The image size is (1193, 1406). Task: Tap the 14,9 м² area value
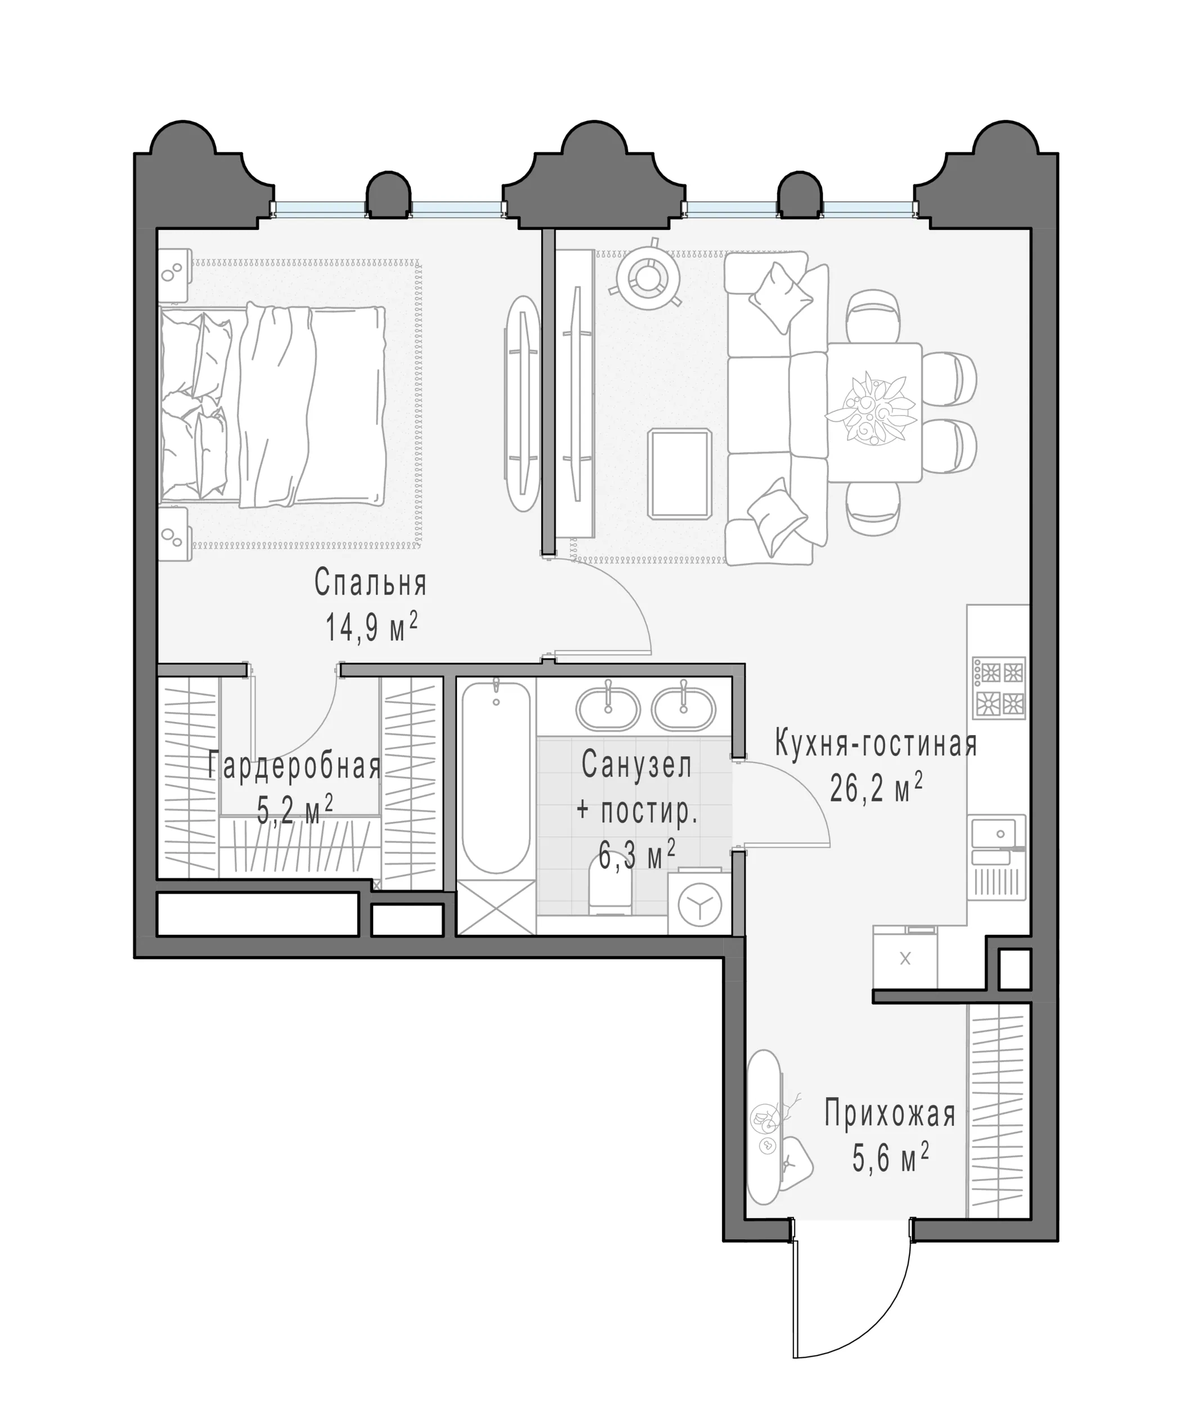[x=371, y=627]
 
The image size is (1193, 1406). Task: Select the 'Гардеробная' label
[x=294, y=766]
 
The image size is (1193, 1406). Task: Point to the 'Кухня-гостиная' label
[x=876, y=743]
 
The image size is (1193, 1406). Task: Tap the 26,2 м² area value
[x=876, y=787]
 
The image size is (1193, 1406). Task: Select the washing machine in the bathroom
[x=699, y=904]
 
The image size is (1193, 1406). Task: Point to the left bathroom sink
[x=607, y=709]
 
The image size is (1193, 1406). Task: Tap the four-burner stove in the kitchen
[x=999, y=687]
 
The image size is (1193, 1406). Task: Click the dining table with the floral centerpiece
[x=874, y=412]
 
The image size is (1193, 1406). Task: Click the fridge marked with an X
[x=905, y=958]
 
